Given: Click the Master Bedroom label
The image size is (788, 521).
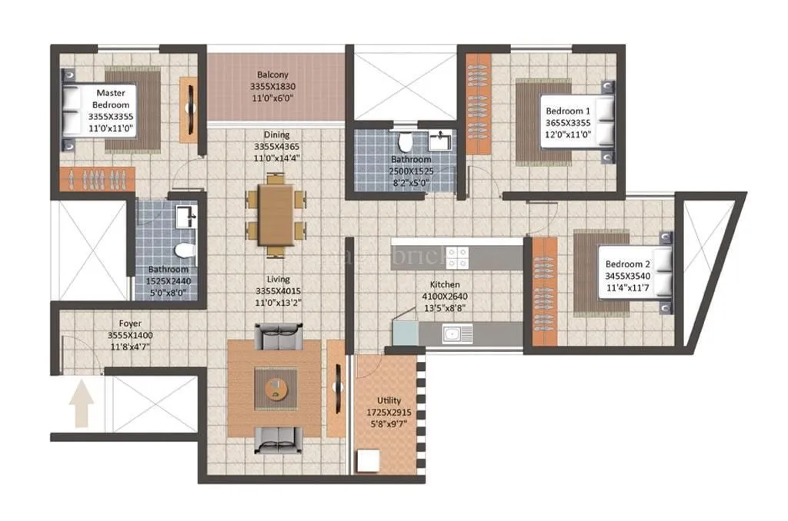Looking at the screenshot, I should click(x=111, y=99).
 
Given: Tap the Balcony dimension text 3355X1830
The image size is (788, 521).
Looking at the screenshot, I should click(x=273, y=87).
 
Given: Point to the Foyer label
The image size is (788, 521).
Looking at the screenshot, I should click(x=130, y=324).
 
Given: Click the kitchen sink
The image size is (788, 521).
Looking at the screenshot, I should click(x=456, y=333).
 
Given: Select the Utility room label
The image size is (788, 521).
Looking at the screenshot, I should click(x=389, y=400).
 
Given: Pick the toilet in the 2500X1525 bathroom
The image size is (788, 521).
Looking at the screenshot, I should click(x=405, y=141).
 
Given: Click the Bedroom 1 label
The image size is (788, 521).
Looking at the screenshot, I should click(x=568, y=111).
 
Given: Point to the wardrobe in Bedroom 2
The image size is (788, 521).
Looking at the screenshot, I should click(x=544, y=292).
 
